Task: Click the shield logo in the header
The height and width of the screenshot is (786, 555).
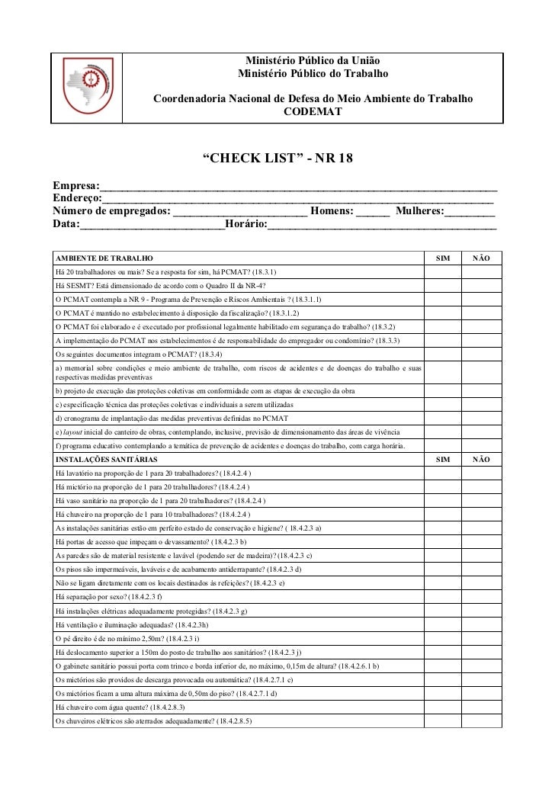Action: pos(88,87)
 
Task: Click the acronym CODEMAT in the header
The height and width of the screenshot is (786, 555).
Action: pos(313,113)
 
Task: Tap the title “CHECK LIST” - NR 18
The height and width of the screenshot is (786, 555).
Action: pos(277,159)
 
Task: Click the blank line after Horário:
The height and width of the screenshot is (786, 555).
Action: pos(381,226)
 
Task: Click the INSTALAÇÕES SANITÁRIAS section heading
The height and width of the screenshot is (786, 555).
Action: pos(107,460)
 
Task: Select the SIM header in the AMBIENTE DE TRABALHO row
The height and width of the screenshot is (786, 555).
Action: pos(442,258)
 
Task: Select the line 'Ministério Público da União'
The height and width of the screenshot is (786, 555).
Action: pos(313,61)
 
